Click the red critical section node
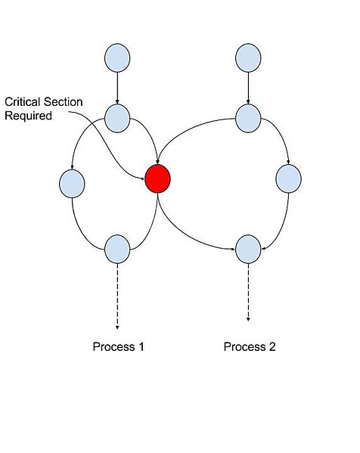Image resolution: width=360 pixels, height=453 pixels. tap(158, 179)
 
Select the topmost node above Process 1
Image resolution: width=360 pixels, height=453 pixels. tap(117, 58)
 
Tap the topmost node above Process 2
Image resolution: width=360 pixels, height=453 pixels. tap(248, 58)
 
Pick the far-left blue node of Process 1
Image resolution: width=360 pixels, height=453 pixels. tap(71, 183)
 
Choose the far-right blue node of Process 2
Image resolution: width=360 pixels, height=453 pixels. tap(289, 179)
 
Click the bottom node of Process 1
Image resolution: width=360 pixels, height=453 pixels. tap(117, 248)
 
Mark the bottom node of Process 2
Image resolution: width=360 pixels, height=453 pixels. tap(248, 248)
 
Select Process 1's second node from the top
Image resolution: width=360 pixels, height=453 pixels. tap(117, 117)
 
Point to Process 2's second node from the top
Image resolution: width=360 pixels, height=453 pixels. tap(248, 117)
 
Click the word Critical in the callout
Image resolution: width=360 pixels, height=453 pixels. tap(21, 101)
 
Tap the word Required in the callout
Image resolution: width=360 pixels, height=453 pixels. tap(26, 116)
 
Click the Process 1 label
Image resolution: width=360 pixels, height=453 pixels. tap(118, 347)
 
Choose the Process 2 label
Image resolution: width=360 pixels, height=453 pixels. tap(250, 347)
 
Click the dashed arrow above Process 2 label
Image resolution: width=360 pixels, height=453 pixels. tap(248, 295)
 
